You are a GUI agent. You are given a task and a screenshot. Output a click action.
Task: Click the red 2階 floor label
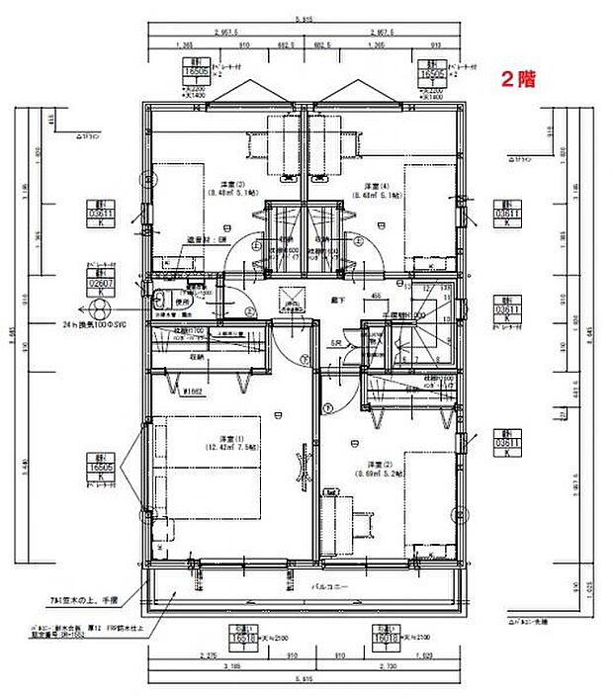point(518,79)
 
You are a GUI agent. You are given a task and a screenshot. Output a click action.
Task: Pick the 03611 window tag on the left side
point(98,212)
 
